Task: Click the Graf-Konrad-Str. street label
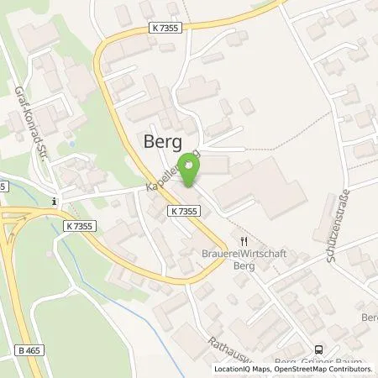[23, 123]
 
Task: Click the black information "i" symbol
[53, 201]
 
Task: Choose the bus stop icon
[318, 350]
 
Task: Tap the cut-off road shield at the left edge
[3, 186]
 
